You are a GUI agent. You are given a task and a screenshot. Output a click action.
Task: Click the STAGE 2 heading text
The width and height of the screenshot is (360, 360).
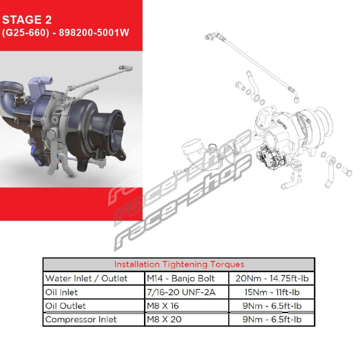(27, 20)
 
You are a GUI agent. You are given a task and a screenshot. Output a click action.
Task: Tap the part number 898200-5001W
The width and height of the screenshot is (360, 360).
(94, 32)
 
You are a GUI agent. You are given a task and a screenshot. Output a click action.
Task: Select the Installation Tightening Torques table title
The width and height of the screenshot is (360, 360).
(179, 264)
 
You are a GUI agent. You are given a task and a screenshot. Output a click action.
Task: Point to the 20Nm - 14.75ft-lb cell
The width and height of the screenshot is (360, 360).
(272, 278)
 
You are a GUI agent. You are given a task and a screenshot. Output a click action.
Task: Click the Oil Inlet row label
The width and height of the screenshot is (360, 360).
(61, 292)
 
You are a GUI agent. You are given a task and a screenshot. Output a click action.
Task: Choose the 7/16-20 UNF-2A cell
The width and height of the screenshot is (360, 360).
(181, 292)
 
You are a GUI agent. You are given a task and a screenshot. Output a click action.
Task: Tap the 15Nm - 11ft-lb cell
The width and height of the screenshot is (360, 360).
(272, 292)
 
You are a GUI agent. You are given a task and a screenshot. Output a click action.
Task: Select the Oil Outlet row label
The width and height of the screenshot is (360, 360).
(65, 306)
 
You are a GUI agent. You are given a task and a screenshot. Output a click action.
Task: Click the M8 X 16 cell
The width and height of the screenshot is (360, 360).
(163, 306)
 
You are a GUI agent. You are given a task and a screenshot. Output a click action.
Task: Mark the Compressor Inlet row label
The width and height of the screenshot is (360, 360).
(81, 319)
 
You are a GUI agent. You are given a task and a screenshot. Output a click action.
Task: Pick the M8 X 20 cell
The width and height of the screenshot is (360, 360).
(164, 319)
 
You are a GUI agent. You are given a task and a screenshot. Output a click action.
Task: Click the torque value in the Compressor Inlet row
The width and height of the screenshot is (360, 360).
(272, 319)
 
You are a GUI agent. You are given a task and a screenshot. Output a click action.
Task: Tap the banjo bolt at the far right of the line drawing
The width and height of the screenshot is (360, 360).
(347, 171)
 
